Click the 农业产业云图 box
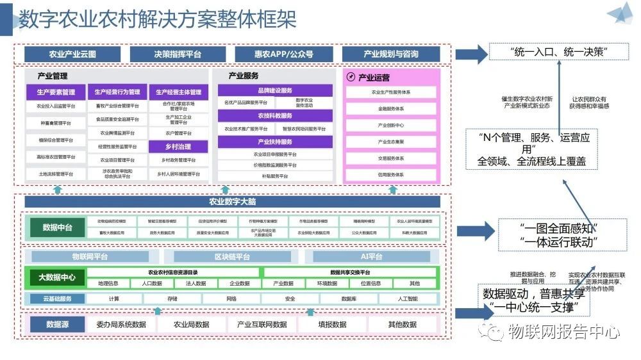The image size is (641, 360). (72, 54)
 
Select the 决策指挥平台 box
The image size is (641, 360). (178, 54)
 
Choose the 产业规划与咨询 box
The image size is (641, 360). (391, 54)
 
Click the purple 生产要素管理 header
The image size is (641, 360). (55, 92)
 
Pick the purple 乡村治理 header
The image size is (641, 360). (178, 147)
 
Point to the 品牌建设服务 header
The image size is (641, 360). (275, 91)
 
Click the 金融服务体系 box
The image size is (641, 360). (391, 109)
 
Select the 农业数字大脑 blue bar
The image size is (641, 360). (232, 202)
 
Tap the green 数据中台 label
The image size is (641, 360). (57, 227)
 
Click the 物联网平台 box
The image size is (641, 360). (90, 257)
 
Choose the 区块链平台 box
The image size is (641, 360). (232, 257)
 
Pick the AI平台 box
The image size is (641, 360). (371, 257)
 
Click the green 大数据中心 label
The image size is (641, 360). (57, 277)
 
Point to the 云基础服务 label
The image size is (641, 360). (58, 299)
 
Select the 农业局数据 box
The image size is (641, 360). (192, 325)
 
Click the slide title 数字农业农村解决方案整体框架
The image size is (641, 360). (157, 19)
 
